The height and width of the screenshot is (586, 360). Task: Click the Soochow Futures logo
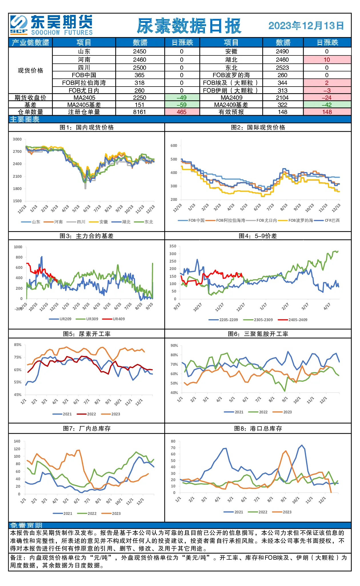[51, 25]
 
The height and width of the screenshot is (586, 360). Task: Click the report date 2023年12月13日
[306, 26]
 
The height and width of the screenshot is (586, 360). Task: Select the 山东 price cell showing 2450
[139, 51]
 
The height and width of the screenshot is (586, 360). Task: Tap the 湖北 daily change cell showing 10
[327, 60]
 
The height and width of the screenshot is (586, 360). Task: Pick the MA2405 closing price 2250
[139, 98]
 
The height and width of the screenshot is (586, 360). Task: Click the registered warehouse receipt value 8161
[139, 112]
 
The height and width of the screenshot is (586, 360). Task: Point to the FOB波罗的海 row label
[231, 75]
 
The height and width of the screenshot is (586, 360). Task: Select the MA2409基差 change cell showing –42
[327, 105]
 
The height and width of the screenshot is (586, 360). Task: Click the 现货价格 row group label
[31, 71]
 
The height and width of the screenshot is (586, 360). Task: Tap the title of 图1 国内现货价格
[87, 127]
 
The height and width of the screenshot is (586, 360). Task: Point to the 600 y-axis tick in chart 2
[174, 145]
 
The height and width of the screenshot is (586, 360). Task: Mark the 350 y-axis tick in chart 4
[173, 246]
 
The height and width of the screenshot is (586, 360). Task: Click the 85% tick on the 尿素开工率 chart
[18, 345]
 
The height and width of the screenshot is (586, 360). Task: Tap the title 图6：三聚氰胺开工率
[258, 334]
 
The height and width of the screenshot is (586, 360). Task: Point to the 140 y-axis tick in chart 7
[17, 441]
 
